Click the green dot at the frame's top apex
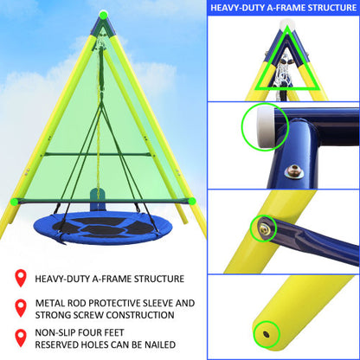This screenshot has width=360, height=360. tap(104, 15)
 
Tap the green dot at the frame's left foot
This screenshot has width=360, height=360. tap(12, 201)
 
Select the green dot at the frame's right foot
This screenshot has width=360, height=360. tap(193, 201)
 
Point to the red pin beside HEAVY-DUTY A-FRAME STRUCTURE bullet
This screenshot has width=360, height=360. tap(19, 279)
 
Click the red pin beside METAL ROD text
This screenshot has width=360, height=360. tap(19, 309)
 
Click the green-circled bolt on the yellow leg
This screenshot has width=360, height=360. tap(264, 228)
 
